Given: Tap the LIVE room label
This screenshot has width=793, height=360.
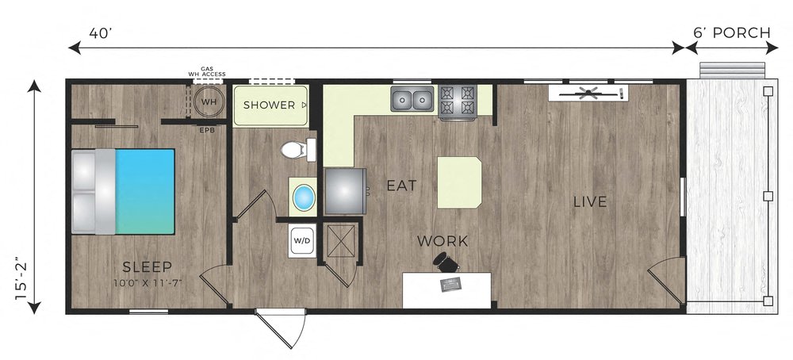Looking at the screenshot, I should (x=590, y=202).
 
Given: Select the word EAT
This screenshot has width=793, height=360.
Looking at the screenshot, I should (x=401, y=186).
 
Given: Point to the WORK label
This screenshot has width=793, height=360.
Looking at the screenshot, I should (x=442, y=241).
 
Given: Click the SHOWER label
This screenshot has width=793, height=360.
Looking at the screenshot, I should (x=269, y=105).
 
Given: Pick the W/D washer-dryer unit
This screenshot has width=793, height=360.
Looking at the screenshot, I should (x=302, y=239).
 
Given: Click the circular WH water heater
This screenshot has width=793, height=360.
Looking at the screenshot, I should (x=209, y=102).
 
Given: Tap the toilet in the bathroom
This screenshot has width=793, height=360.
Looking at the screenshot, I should (x=297, y=149).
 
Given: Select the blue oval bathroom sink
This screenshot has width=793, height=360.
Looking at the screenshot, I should (x=303, y=197).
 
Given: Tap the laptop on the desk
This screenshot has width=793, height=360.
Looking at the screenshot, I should (x=452, y=282).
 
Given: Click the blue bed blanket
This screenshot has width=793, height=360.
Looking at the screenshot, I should (x=145, y=190).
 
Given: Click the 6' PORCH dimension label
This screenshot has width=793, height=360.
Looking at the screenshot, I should (x=731, y=33).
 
